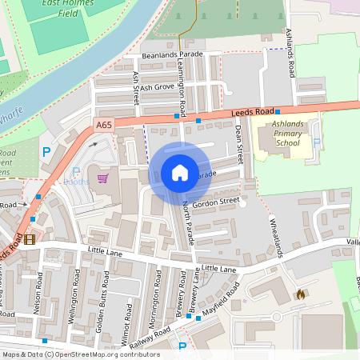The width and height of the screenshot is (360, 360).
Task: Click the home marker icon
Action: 180,173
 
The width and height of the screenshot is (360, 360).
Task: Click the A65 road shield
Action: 103,125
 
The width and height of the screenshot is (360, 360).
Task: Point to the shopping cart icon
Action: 102,178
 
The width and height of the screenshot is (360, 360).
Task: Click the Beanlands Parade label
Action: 169,54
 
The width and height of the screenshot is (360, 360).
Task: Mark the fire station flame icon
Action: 300,294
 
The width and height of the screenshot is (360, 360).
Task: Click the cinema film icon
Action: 30,238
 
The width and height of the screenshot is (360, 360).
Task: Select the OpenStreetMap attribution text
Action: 81,354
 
